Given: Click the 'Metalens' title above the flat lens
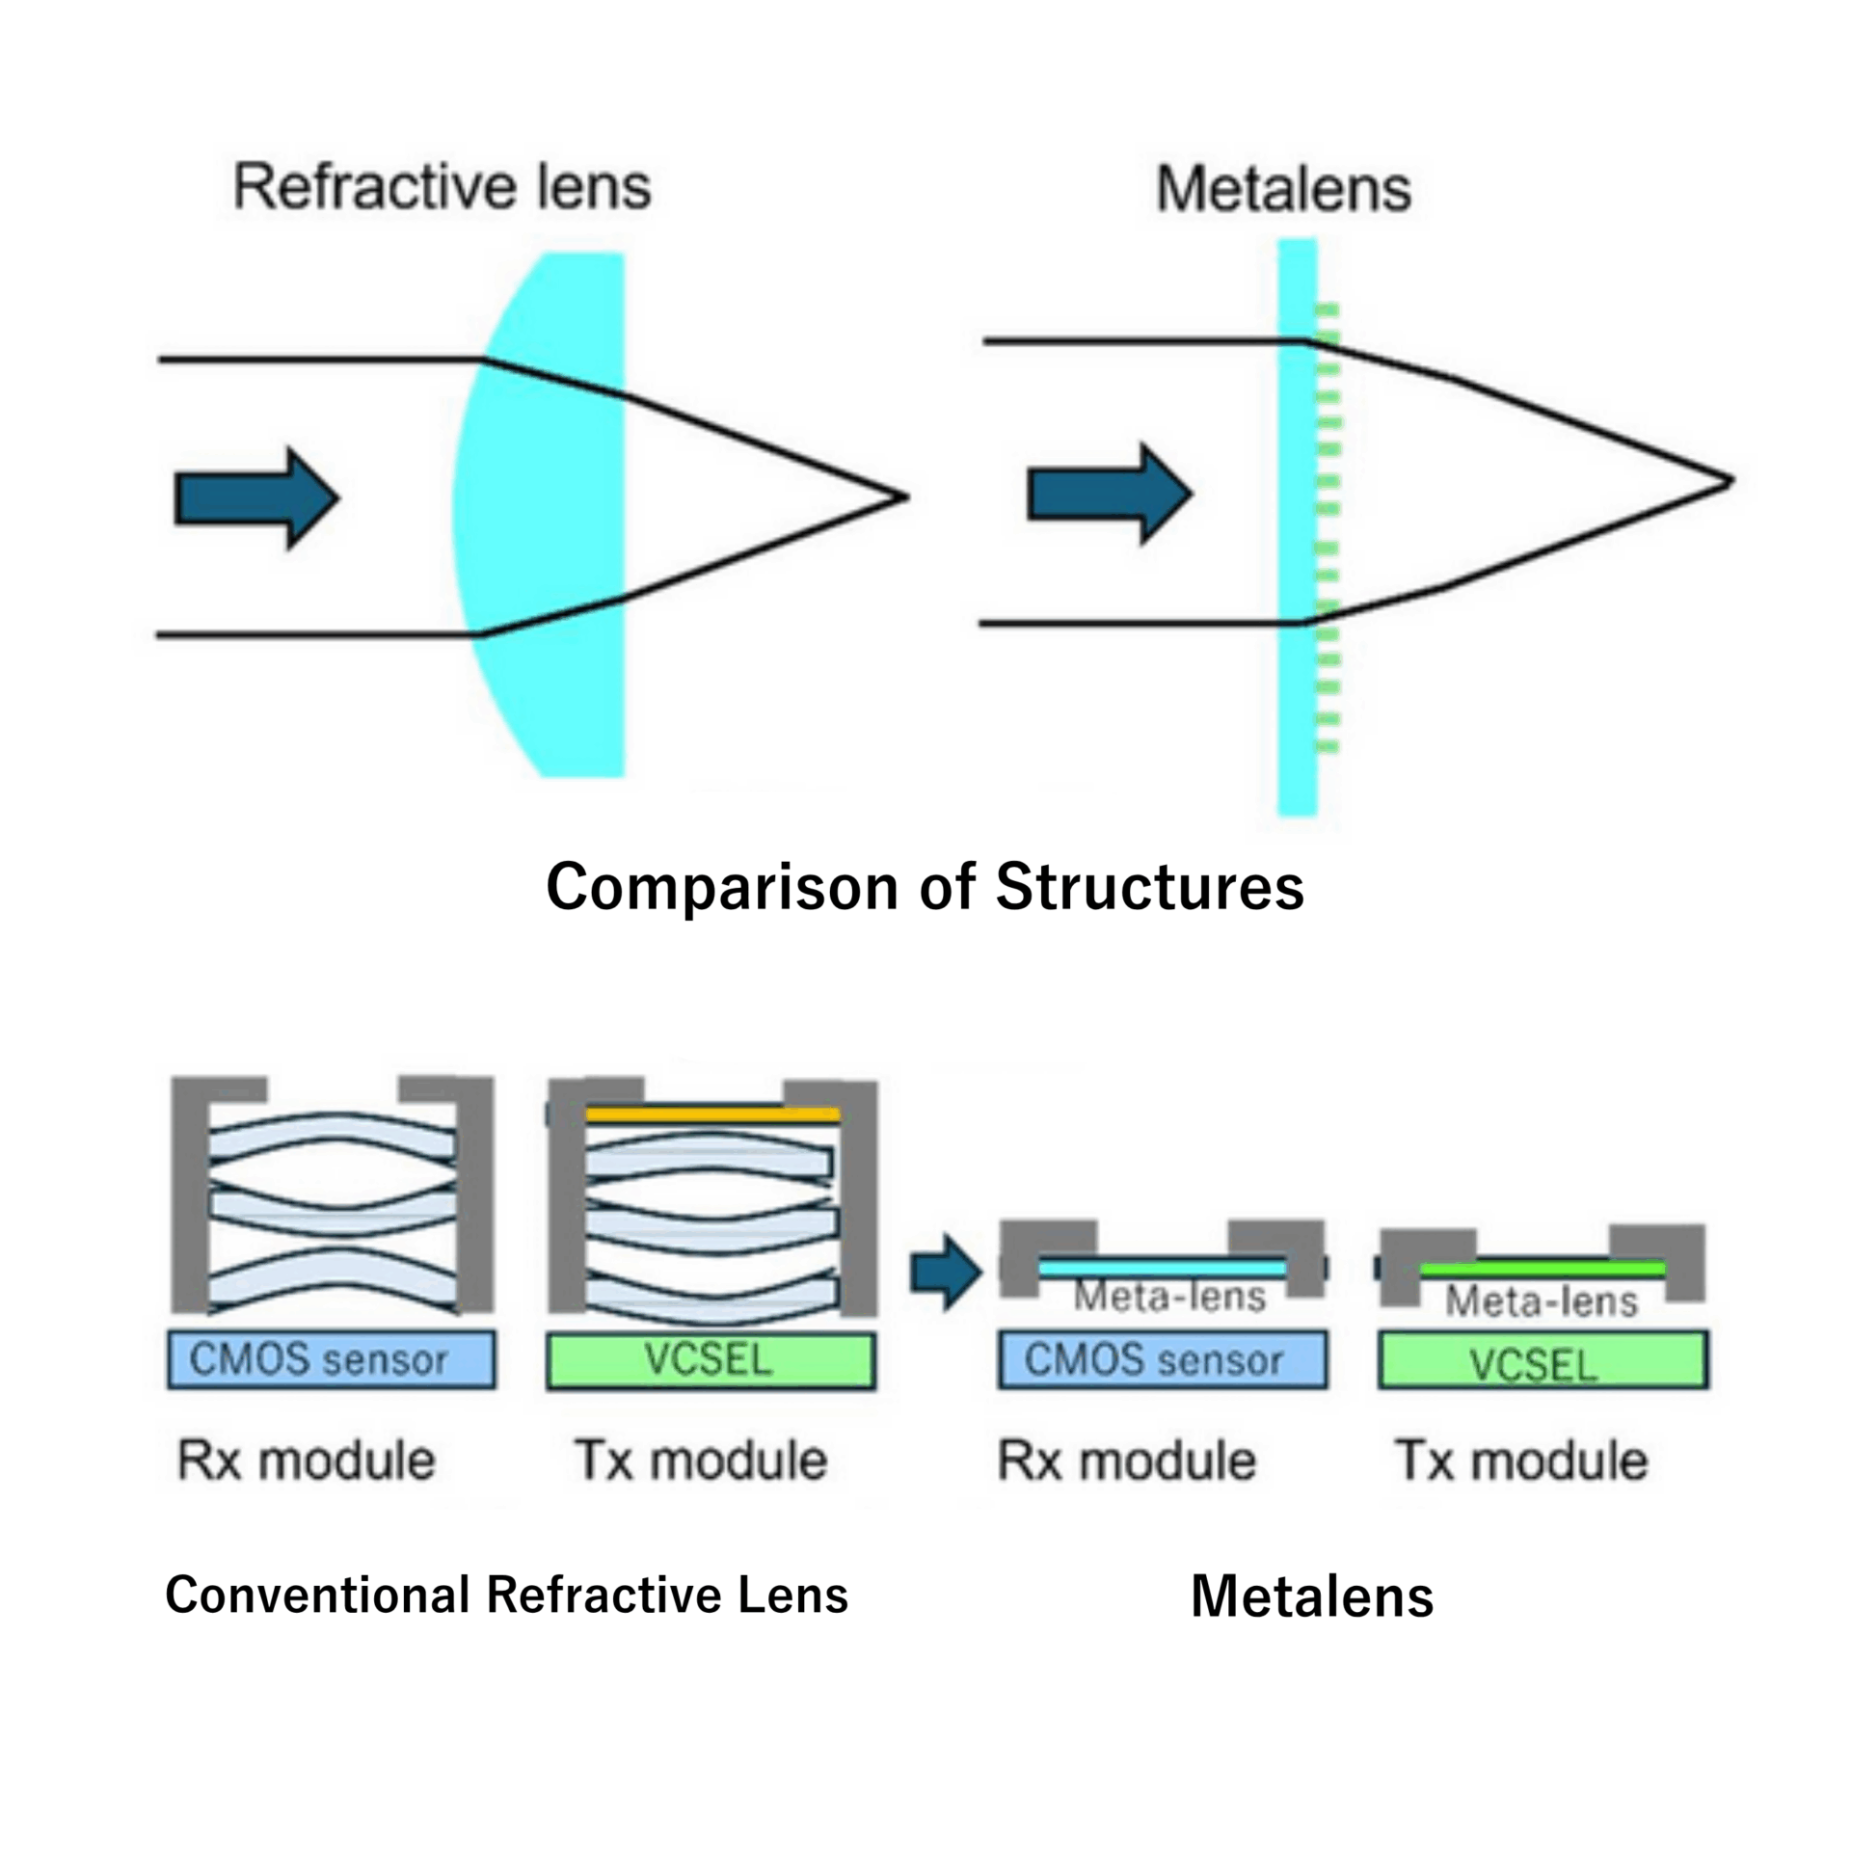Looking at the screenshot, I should (x=1283, y=189).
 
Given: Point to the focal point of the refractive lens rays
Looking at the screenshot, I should (x=904, y=497).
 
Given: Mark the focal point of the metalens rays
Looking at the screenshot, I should (x=1730, y=481).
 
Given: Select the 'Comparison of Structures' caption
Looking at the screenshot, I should (x=925, y=886).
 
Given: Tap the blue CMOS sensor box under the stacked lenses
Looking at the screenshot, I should (x=332, y=1359).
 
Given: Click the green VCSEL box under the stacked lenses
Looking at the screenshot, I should (x=711, y=1360).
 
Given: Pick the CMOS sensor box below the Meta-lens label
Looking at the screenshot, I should (x=1162, y=1359).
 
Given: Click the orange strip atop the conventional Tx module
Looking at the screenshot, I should (x=712, y=1114).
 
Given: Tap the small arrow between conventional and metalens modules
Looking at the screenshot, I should (x=946, y=1273).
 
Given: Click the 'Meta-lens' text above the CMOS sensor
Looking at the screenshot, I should (x=1169, y=1297).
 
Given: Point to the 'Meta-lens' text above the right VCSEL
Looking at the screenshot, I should (x=1542, y=1301).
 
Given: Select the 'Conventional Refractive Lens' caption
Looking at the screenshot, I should (x=506, y=1594).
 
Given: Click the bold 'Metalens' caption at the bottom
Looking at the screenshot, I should (x=1311, y=1596).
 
